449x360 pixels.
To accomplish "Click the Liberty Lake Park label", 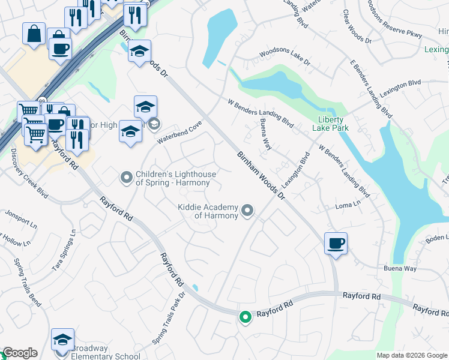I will coord(330,122).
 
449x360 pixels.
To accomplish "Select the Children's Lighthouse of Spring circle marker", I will coord(126,177).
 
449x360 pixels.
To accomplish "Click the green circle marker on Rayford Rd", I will coord(245,317).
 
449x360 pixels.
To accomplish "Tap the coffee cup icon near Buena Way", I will coord(336,244).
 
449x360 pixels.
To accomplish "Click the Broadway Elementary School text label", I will coord(106,352).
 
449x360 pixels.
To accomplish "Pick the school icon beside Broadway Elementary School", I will coord(62,340).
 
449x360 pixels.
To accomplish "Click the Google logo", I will coord(19,353).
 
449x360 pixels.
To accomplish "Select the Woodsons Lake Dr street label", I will coord(285,55).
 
